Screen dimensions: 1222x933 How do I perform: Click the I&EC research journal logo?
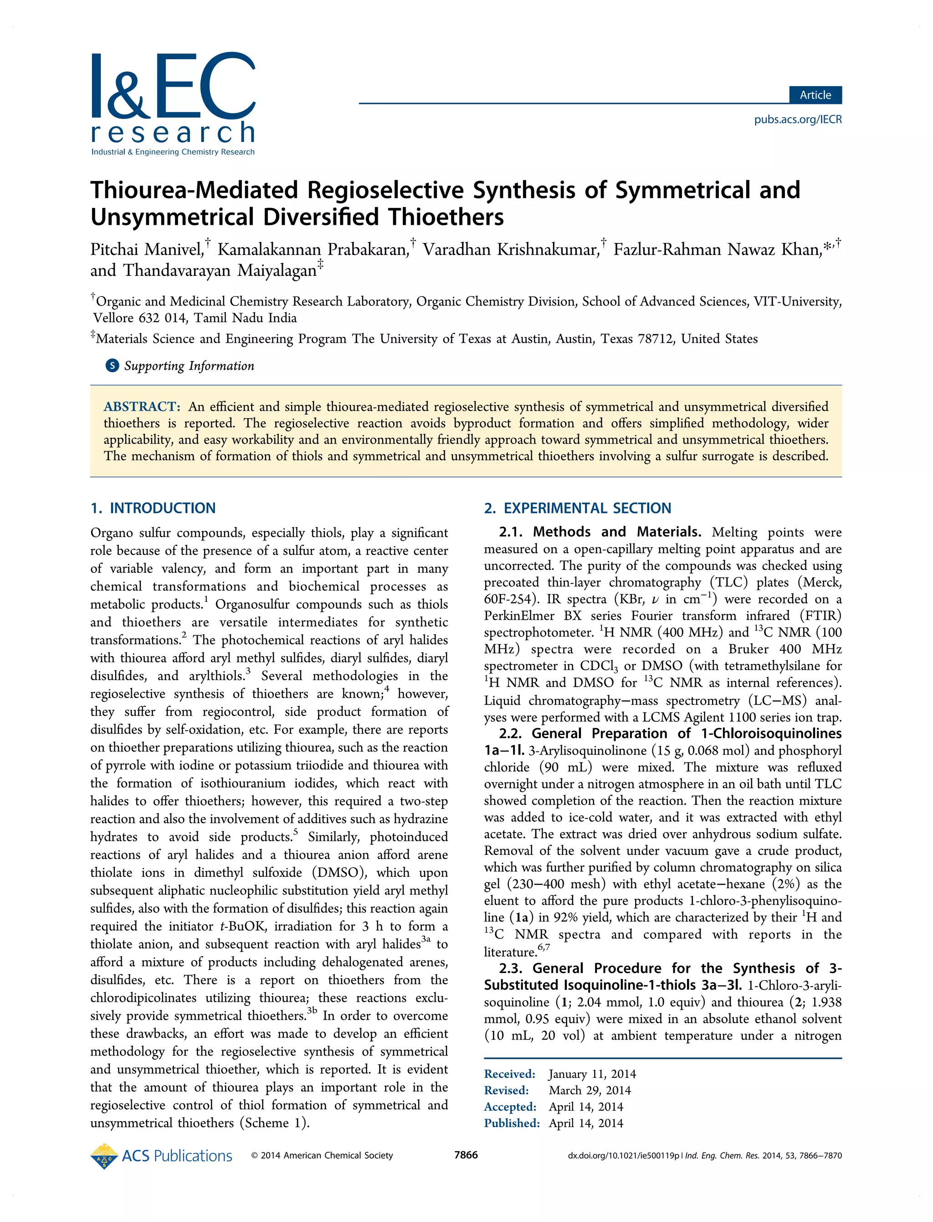[x=173, y=103]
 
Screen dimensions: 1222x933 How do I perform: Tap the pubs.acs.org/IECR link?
[x=798, y=119]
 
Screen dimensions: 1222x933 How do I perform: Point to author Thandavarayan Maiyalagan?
[x=220, y=271]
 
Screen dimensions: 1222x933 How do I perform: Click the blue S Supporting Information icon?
[x=112, y=366]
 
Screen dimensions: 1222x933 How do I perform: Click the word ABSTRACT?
[x=142, y=407]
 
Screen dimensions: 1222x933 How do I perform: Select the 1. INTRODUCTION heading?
[x=153, y=508]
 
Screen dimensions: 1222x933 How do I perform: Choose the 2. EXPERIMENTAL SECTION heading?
[x=578, y=508]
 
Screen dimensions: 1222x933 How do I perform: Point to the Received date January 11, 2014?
[x=592, y=1074]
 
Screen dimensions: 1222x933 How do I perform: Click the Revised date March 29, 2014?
[x=590, y=1090]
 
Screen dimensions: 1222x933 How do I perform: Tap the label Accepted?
[x=510, y=1107]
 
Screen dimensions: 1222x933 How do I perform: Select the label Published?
[x=512, y=1123]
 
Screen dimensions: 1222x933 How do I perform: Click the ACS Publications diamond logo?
[x=104, y=1156]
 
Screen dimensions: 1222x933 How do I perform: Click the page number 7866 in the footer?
[x=466, y=1155]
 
